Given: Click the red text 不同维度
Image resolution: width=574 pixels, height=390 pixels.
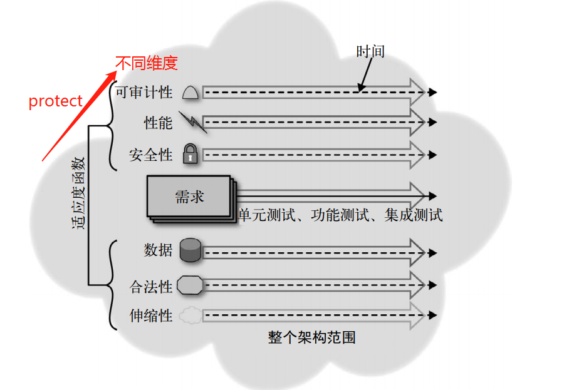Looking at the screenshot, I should [x=147, y=63].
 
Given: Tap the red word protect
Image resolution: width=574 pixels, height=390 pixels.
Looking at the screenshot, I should [x=56, y=101].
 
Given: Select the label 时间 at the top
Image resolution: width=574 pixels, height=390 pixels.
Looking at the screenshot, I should [x=370, y=51].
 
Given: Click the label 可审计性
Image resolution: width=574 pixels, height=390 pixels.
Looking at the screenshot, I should [x=144, y=93].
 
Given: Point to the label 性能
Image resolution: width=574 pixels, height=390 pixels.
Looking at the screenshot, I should [x=158, y=123].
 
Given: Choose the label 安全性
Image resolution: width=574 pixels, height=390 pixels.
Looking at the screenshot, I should [x=151, y=155].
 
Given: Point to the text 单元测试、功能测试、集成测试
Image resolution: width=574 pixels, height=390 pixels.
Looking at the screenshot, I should [x=340, y=215].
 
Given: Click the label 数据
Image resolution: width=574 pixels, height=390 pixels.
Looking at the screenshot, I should [x=158, y=250].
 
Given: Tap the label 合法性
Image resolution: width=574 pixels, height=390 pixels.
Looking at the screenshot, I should [x=151, y=287].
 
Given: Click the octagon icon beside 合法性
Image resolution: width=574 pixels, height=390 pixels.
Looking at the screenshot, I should [x=190, y=286].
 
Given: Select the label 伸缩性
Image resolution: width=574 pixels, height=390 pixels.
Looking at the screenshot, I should [x=151, y=316].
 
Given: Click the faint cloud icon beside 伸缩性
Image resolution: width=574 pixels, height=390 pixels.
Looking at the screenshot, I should [x=190, y=316].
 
